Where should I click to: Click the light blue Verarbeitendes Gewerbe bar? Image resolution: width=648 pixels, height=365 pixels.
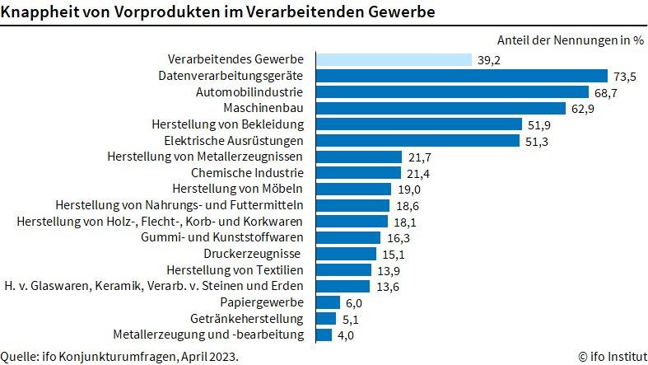pos(394,59)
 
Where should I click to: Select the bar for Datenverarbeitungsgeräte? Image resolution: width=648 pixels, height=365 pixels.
pos(461,76)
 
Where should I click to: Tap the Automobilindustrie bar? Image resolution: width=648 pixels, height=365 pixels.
pos(451,92)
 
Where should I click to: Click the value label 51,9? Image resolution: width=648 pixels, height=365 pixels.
pos(539,124)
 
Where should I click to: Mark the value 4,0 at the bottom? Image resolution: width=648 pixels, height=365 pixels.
pos(346,335)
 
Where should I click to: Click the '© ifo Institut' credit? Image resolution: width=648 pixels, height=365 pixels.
pos(612,356)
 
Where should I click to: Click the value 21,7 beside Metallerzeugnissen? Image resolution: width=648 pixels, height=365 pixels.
pos(419,157)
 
